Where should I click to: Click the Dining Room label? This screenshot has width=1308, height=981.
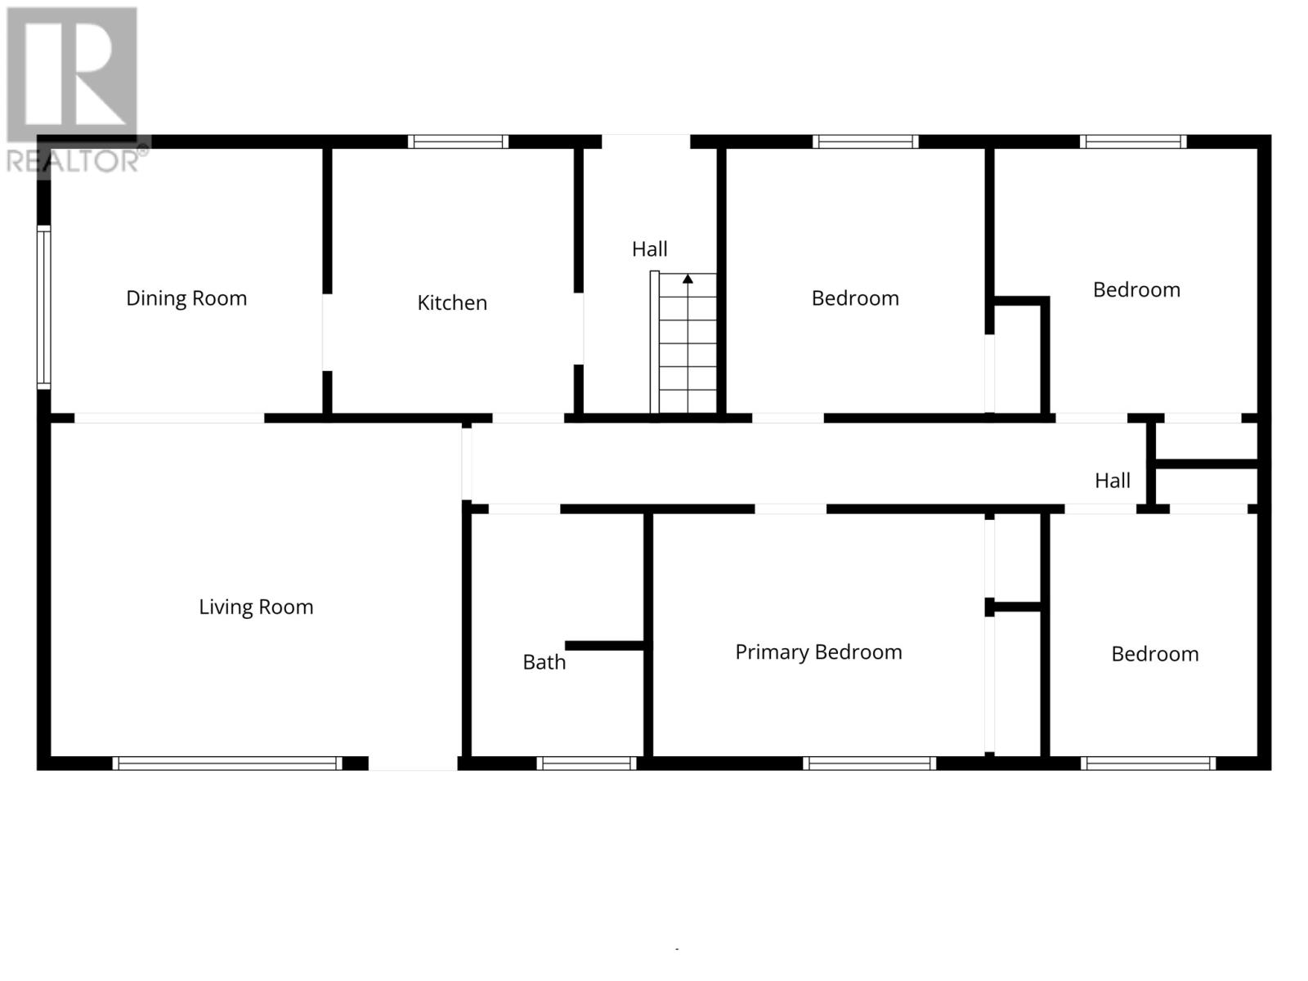(186, 298)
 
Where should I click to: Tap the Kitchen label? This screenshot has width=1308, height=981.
(452, 302)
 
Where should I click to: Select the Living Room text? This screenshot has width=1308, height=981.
(256, 607)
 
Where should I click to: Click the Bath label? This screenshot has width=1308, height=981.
(544, 662)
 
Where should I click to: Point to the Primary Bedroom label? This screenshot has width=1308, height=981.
(818, 652)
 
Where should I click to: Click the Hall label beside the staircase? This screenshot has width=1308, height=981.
(649, 249)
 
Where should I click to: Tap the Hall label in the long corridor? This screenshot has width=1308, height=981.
(1112, 481)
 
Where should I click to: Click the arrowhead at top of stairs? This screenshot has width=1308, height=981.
(688, 279)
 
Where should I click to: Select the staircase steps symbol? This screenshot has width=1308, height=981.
(688, 352)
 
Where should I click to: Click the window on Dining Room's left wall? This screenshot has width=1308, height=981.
(44, 307)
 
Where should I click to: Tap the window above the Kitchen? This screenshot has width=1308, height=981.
(458, 141)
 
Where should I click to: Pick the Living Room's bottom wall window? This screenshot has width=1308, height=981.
(227, 764)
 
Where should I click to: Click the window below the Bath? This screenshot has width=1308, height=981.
(586, 764)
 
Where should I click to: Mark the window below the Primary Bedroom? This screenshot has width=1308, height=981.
(869, 764)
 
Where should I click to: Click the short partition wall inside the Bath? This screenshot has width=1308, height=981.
(604, 646)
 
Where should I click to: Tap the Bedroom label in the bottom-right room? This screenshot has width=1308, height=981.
(1154, 654)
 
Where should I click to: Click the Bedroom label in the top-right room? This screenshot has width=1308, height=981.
(1136, 289)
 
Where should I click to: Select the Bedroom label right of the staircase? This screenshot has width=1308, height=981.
(855, 298)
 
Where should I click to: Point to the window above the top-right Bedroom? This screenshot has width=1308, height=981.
(1132, 141)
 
